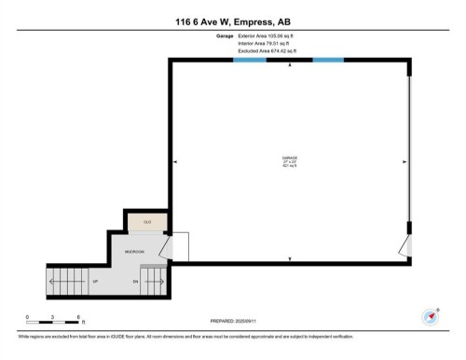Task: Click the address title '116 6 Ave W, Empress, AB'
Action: tap(233, 21)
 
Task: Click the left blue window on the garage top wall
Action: tap(248, 61)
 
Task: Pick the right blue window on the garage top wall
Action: tap(328, 61)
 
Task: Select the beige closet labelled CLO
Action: tap(146, 222)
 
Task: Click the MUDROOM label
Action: tap(135, 252)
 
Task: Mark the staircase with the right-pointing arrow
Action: tap(154, 279)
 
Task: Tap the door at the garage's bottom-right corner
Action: tap(404, 247)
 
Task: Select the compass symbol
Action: tap(431, 315)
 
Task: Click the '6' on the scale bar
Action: tap(78, 317)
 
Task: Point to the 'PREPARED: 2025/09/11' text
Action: tap(233, 322)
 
